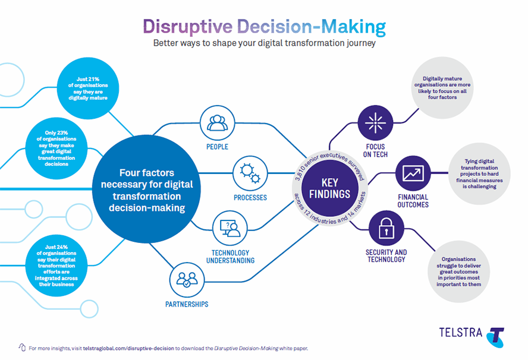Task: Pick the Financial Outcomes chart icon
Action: pos(413,173)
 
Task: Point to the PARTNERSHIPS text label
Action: pos(187,304)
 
